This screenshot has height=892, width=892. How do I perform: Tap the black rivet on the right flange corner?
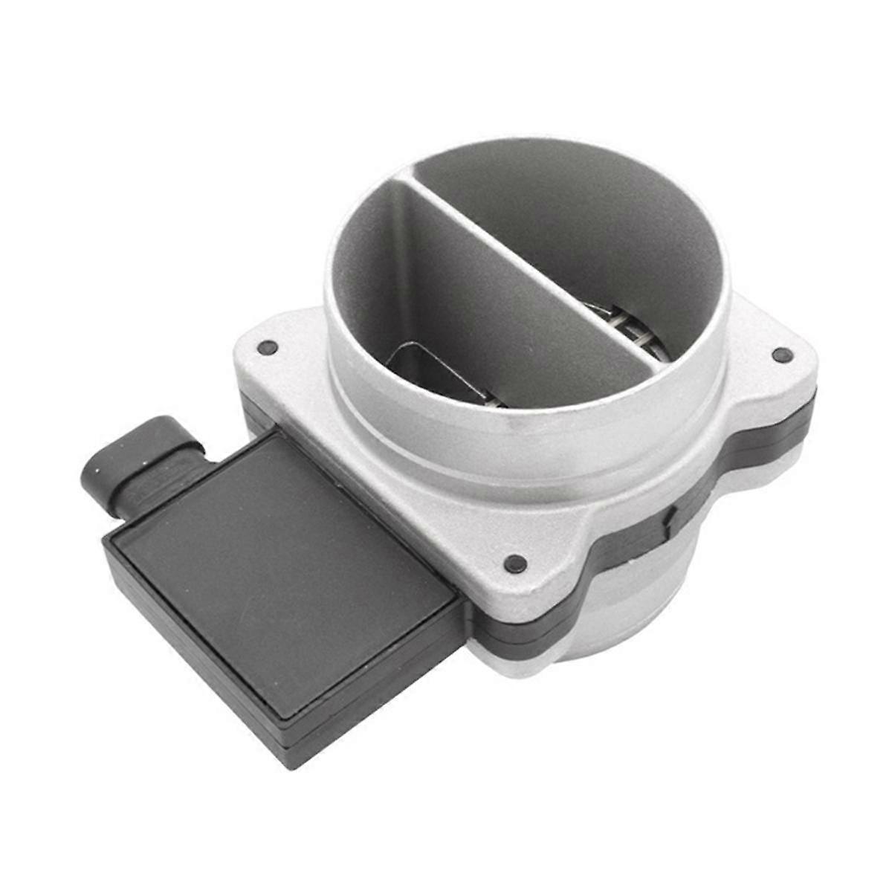(x=779, y=355)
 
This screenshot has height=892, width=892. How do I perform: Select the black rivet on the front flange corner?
(x=511, y=563)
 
